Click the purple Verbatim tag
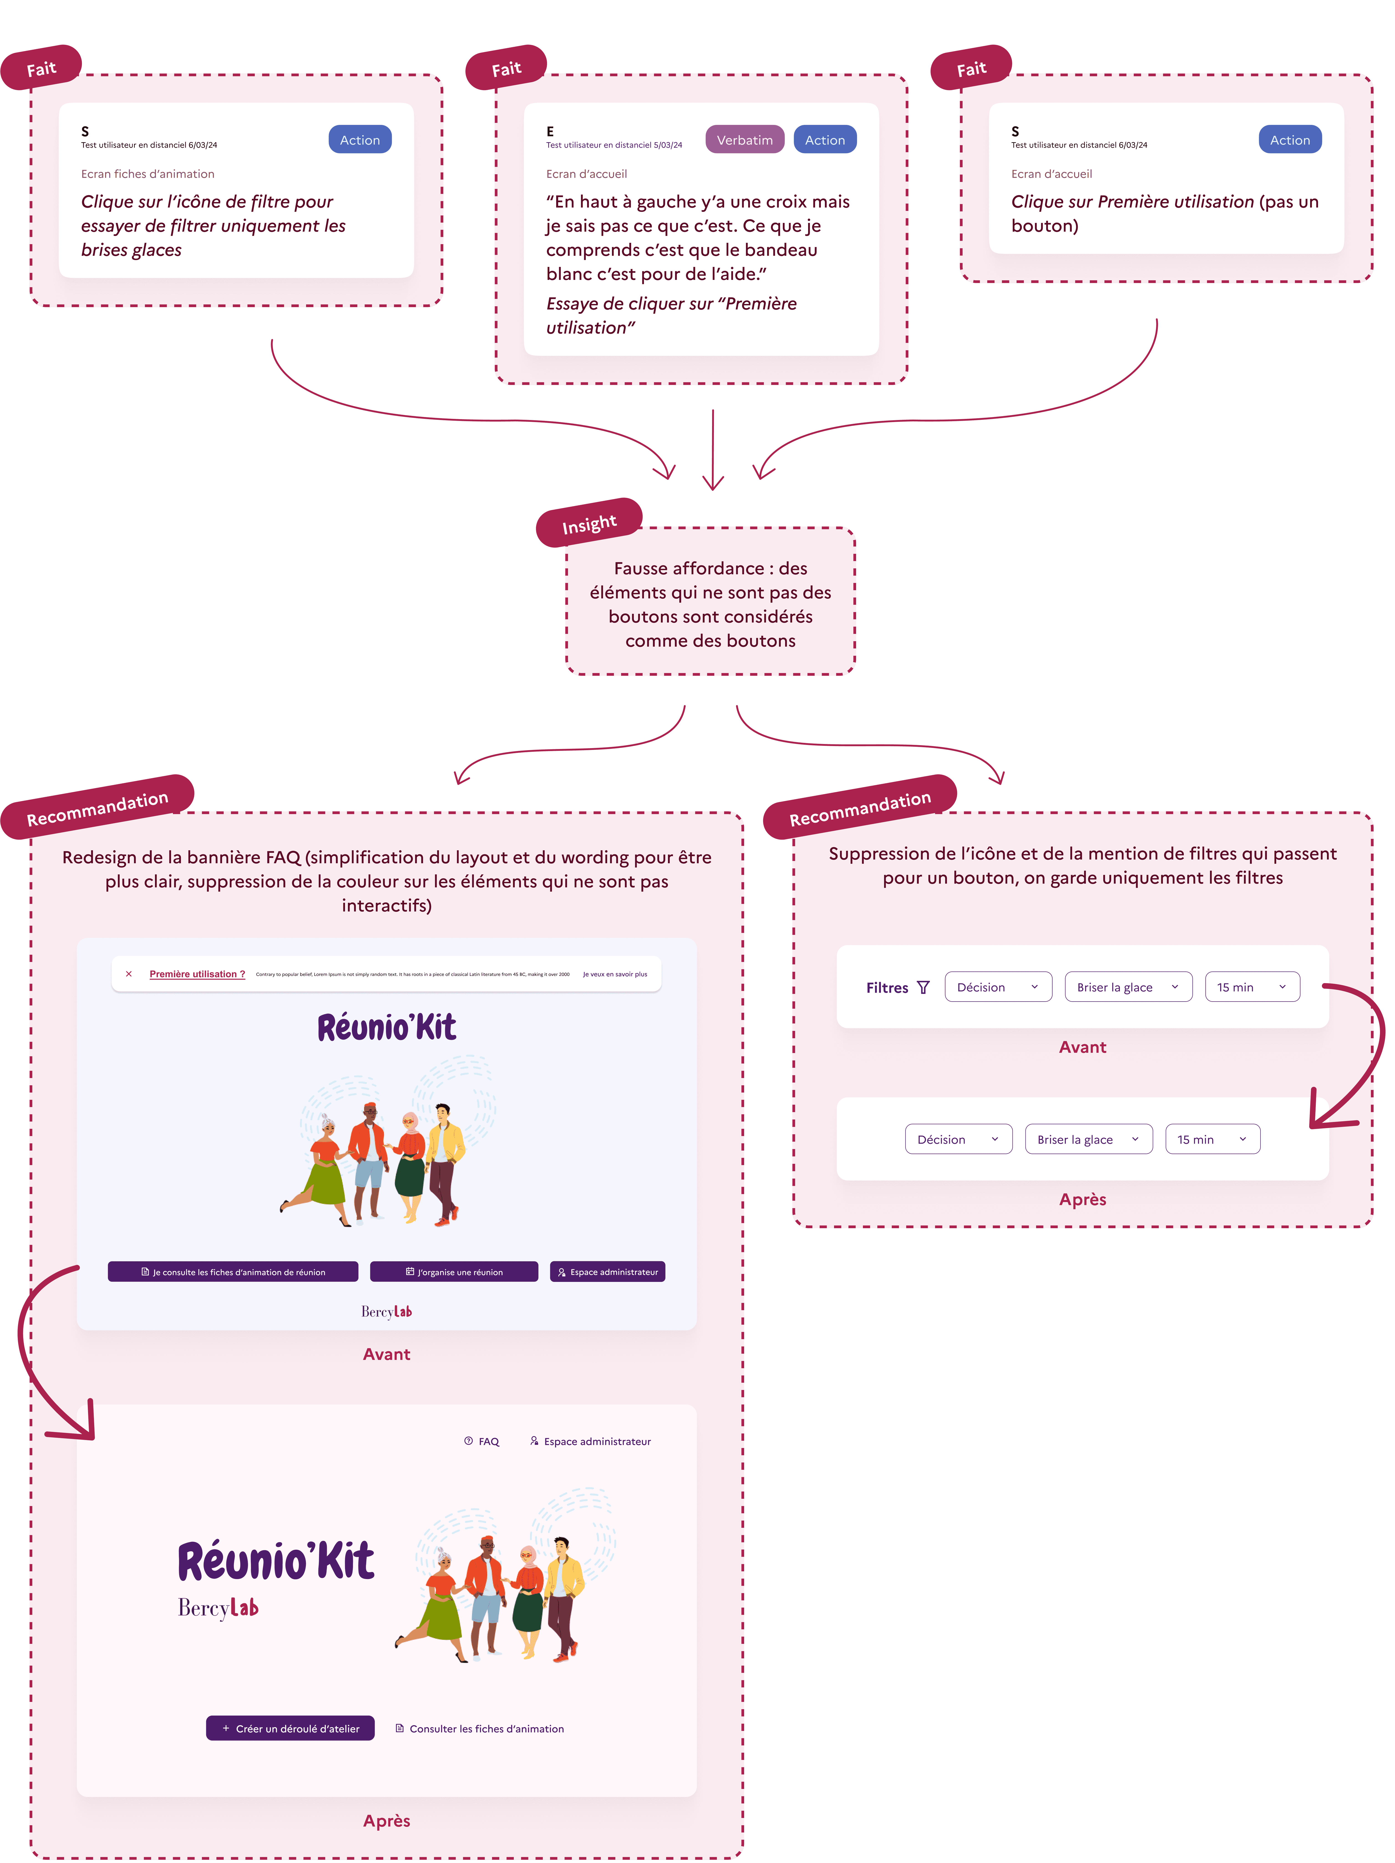(745, 140)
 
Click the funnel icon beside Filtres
(923, 987)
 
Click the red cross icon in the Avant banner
(129, 974)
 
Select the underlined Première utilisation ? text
(197, 975)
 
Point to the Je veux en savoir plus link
(615, 975)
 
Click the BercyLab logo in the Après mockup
(218, 1608)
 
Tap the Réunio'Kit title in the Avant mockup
(387, 1028)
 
